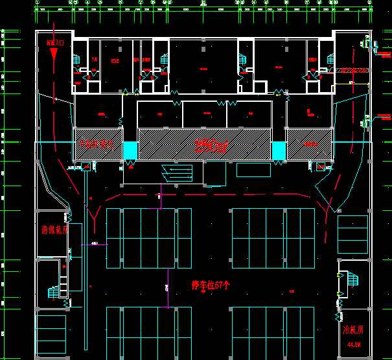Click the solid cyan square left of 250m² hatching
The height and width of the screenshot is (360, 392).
pyautogui.click(x=130, y=150)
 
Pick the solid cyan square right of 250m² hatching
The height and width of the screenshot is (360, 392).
pyautogui.click(x=279, y=150)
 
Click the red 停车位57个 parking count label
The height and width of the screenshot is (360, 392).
pyautogui.click(x=211, y=285)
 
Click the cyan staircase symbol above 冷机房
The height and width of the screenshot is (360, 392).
pyautogui.click(x=352, y=280)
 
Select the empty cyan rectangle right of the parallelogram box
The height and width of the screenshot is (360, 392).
pyautogui.click(x=253, y=170)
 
